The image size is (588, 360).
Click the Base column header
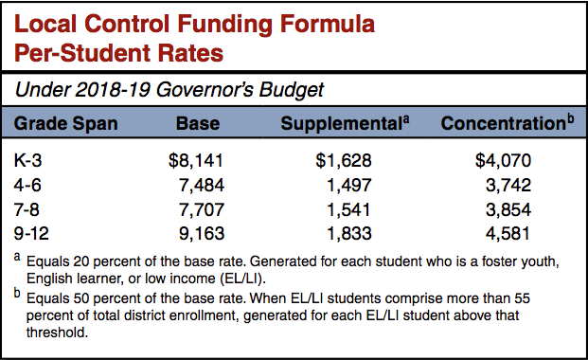[198, 124]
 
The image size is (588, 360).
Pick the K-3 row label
[34, 161]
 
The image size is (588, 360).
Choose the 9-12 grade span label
[38, 232]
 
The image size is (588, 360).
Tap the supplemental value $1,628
[339, 161]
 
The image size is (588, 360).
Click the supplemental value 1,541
[343, 208]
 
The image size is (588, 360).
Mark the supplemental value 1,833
[343, 232]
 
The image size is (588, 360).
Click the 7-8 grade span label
[32, 208]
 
